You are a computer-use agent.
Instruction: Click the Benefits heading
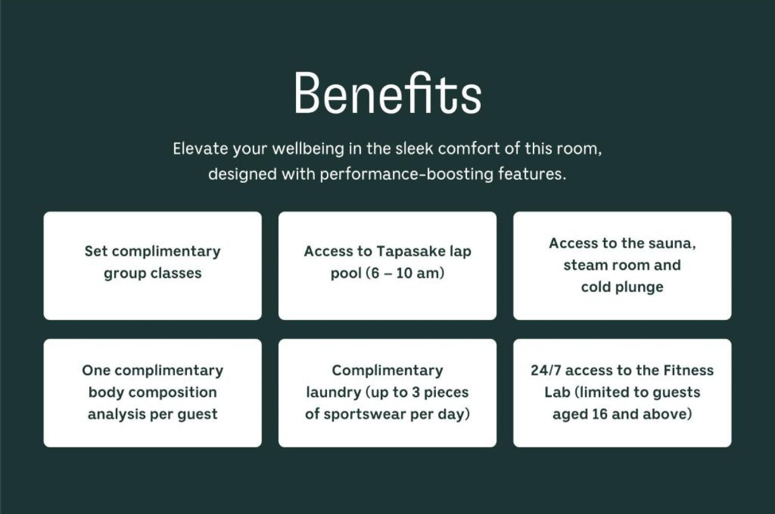pyautogui.click(x=387, y=93)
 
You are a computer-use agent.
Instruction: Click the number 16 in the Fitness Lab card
pyautogui.click(x=600, y=414)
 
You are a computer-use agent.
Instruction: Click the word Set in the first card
pyautogui.click(x=96, y=251)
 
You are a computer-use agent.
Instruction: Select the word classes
pyautogui.click(x=176, y=273)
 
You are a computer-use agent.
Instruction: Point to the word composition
pyautogui.click(x=168, y=393)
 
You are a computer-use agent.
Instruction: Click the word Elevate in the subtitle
pyautogui.click(x=201, y=149)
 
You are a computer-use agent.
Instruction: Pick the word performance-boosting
pyautogui.click(x=406, y=174)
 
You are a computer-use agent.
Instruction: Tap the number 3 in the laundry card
pyautogui.click(x=416, y=392)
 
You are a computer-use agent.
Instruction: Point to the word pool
pyautogui.click(x=346, y=273)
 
